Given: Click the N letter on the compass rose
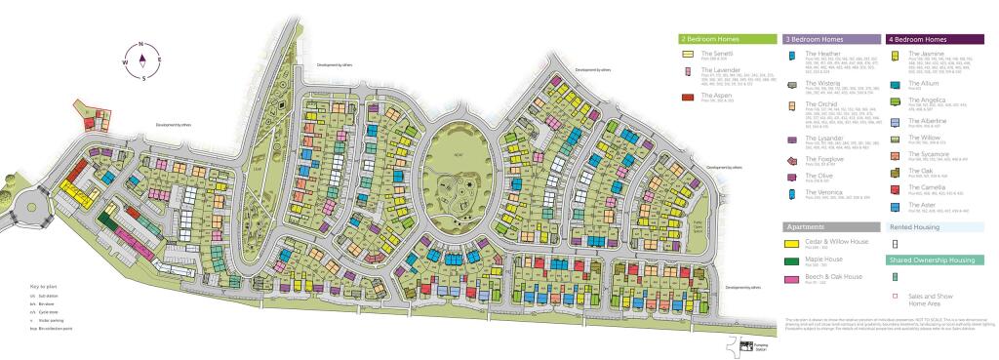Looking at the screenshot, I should (142, 45).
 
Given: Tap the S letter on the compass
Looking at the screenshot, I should (143, 77).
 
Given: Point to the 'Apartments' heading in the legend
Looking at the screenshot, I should (806, 226).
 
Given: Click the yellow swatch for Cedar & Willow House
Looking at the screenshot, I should (791, 243).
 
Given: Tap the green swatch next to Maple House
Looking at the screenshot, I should (791, 260).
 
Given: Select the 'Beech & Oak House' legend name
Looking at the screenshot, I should (838, 277).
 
